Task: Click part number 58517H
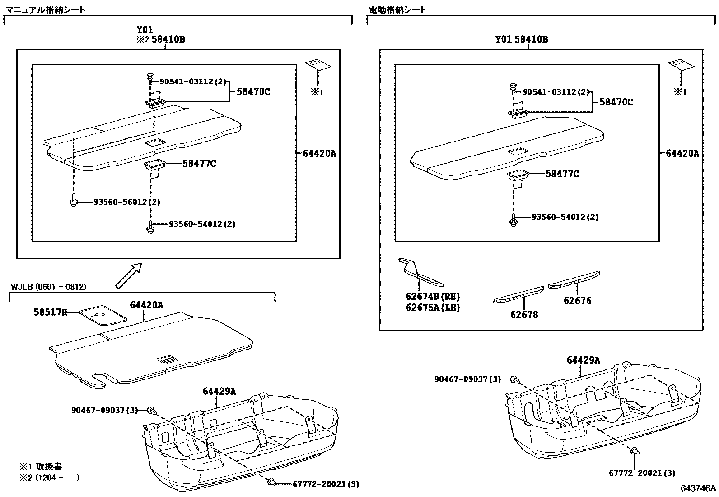click(50, 312)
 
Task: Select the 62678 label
click(524, 314)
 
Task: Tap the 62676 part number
click(577, 301)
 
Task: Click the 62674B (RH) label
click(432, 297)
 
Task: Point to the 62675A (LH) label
click(432, 308)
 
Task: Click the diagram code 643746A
click(699, 488)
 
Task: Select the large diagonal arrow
click(128, 275)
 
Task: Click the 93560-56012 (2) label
click(126, 202)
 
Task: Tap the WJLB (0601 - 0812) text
click(48, 287)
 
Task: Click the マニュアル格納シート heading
click(45, 9)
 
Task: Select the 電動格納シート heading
click(397, 9)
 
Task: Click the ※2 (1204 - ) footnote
click(50, 477)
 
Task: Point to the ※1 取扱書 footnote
click(41, 466)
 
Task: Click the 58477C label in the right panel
click(562, 174)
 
